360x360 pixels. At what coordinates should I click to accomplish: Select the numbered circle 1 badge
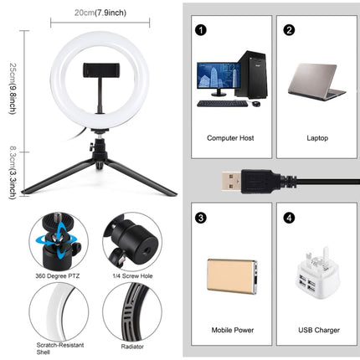[201, 30]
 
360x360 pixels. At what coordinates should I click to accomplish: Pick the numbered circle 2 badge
[290, 30]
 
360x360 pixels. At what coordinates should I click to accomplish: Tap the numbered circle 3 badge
[201, 218]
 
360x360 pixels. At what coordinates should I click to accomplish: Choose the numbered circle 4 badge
[290, 218]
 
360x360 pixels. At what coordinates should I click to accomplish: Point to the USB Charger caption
[319, 331]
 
